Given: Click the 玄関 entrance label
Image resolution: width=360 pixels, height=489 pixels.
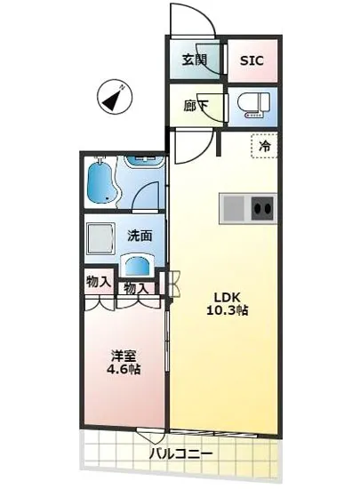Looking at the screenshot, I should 195,61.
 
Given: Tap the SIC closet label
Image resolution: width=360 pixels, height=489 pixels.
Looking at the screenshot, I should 252,62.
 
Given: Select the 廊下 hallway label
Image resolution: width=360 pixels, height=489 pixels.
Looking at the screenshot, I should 195,104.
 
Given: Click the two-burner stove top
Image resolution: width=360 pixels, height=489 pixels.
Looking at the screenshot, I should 263,210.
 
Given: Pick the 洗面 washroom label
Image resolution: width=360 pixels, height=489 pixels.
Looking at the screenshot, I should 139,236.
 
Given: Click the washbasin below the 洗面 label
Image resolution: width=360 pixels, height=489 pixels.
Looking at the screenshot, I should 137,266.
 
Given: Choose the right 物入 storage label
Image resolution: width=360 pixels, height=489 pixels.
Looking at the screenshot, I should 136,288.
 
